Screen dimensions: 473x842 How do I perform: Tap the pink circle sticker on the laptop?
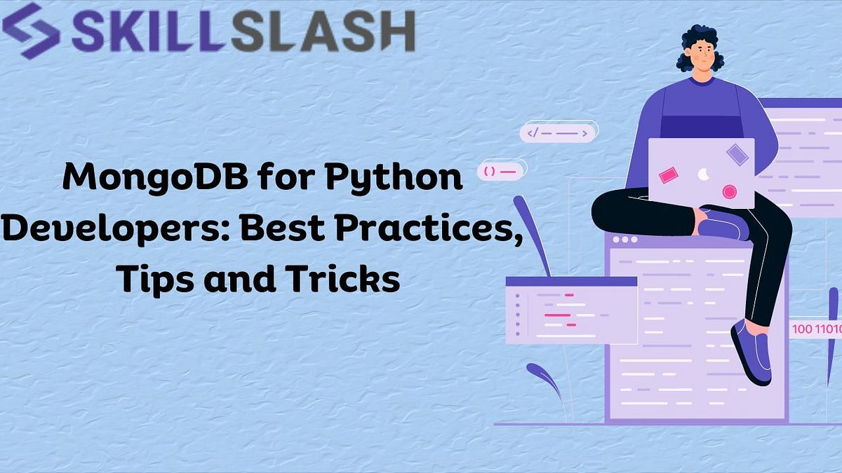[730, 191]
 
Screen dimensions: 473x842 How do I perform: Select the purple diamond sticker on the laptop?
[737, 154]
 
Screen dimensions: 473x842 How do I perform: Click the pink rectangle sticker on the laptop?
[667, 174]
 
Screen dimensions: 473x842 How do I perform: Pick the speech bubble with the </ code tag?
[557, 132]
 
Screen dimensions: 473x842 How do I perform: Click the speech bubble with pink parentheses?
[501, 170]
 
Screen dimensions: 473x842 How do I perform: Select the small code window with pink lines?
[571, 310]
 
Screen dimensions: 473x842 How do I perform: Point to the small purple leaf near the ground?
[544, 378]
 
